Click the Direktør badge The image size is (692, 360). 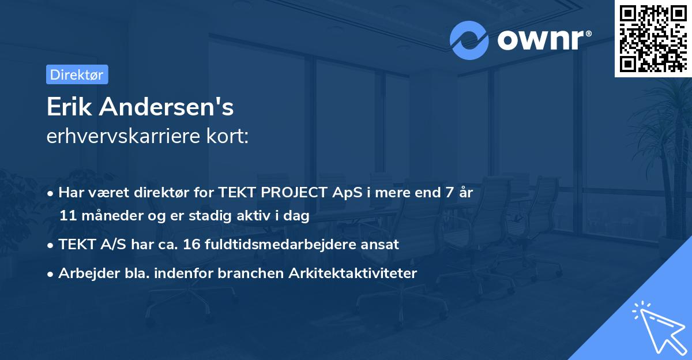tap(77, 74)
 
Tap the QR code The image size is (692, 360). tap(652, 38)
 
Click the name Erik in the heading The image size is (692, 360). tap(70, 107)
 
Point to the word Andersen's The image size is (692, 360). tap(166, 107)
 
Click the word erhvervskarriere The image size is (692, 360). tap(120, 136)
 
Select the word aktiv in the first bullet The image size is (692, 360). tap(267, 216)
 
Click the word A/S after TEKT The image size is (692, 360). tap(112, 245)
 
